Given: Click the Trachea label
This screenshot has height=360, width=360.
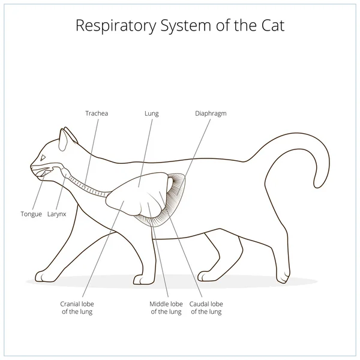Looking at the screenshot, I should click(x=96, y=112).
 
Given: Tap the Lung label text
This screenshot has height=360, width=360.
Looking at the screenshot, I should click(x=151, y=112).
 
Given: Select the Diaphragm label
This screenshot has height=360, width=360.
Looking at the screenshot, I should click(x=211, y=112).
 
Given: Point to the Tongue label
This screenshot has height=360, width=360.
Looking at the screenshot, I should click(x=31, y=214).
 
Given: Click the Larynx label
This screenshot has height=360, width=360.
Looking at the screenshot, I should click(x=57, y=214).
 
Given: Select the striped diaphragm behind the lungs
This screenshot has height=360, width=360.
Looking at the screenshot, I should click(x=178, y=192).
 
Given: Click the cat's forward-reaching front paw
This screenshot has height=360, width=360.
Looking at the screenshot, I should click(x=43, y=275).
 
